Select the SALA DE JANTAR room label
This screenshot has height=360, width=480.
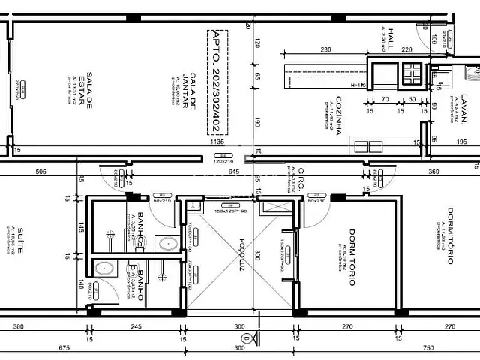tap(189, 90)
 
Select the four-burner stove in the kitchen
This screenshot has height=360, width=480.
tap(413, 73)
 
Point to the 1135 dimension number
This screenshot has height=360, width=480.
tap(217, 141)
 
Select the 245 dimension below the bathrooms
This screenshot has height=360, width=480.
tap(136, 326)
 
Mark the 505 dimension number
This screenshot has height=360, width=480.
tap(40, 172)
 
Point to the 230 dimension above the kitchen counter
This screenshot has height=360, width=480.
tap(325, 49)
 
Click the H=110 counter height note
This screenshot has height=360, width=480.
tap(357, 85)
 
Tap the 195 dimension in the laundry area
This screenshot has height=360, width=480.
tap(461, 141)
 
